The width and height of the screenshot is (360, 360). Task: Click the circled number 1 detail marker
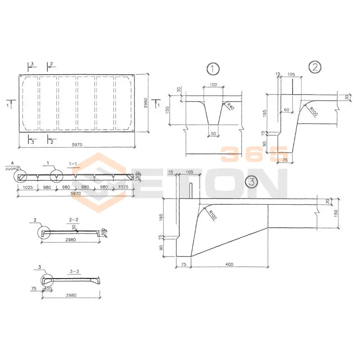[x=212, y=69]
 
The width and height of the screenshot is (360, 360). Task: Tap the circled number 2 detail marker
[x=314, y=67]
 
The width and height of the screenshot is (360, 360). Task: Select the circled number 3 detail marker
[x=251, y=182]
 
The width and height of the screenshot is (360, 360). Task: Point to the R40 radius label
[x=230, y=107]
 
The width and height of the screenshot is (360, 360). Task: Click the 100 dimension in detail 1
[x=213, y=85]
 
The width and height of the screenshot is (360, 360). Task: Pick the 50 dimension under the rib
[x=213, y=134]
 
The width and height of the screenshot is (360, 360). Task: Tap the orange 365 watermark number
[x=254, y=154]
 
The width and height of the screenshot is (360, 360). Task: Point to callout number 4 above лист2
[x=13, y=162]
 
